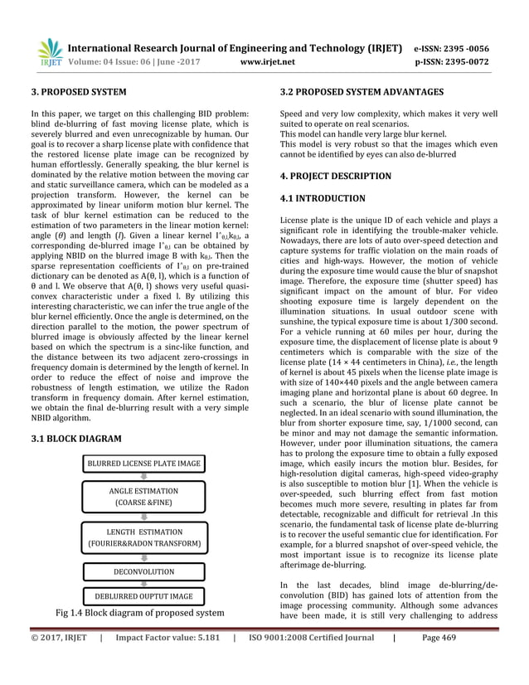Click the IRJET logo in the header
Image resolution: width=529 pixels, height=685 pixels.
pyautogui.click(x=51, y=51)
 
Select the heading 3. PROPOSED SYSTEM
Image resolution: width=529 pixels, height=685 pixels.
pyautogui.click(x=78, y=91)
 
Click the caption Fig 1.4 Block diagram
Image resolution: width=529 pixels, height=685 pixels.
pyautogui.click(x=139, y=613)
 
